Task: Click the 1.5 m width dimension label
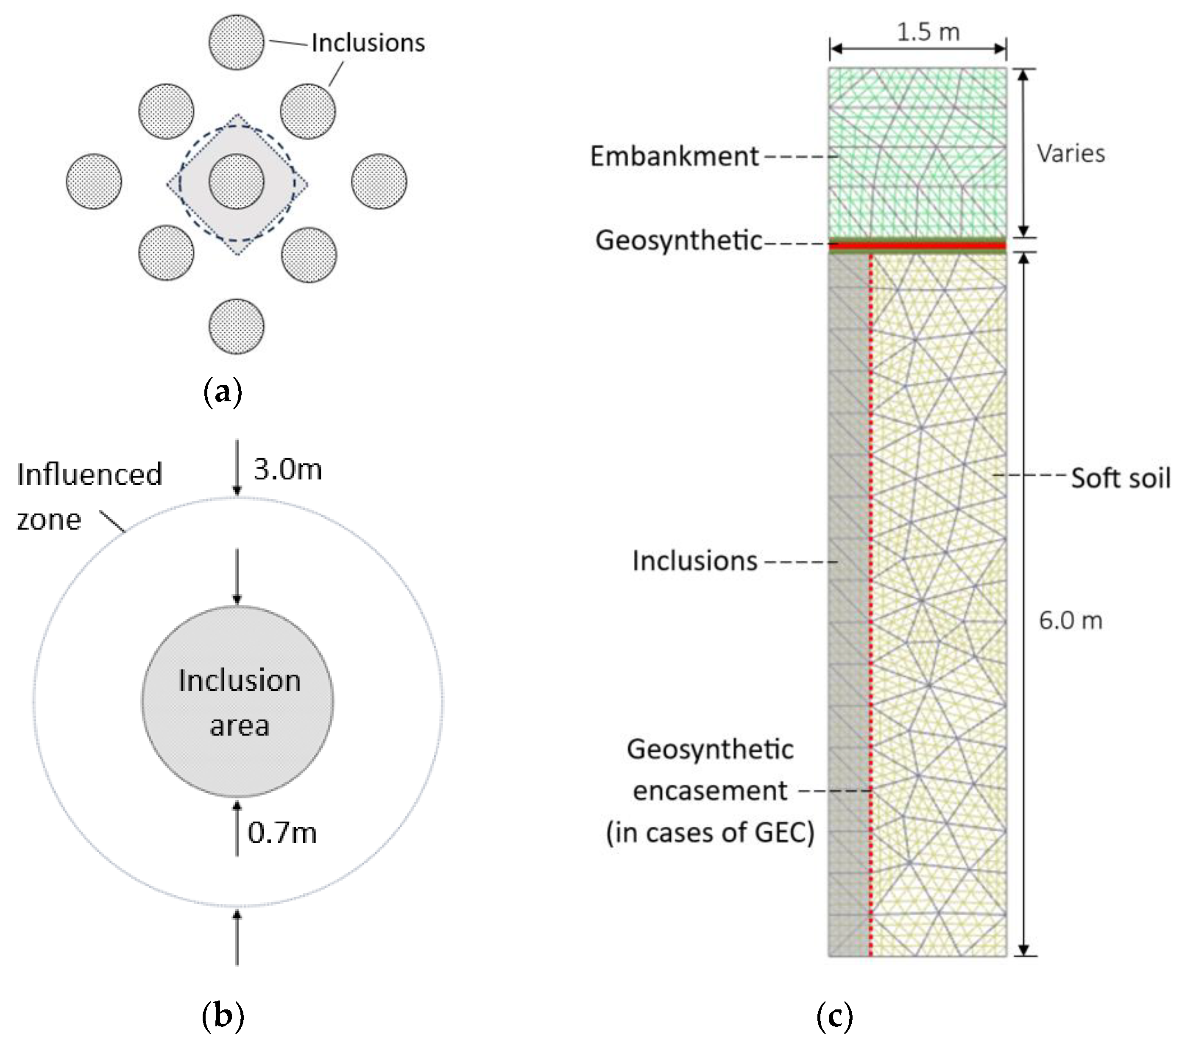point(928,32)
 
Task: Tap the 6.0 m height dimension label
point(1070,621)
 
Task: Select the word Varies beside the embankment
point(1070,154)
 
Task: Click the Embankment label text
point(674,157)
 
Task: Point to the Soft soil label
point(1120,478)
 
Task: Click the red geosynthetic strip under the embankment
point(918,246)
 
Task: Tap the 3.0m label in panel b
point(287,470)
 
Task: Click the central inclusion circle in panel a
point(237,181)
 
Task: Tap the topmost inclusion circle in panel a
point(237,42)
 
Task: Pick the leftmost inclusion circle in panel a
point(94,181)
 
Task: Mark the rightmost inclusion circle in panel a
point(379,181)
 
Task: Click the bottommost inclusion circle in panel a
point(237,326)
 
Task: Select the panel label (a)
point(223,392)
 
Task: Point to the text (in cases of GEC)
point(710,833)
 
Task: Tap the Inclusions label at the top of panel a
point(368,43)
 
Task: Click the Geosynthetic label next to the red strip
point(679,240)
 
